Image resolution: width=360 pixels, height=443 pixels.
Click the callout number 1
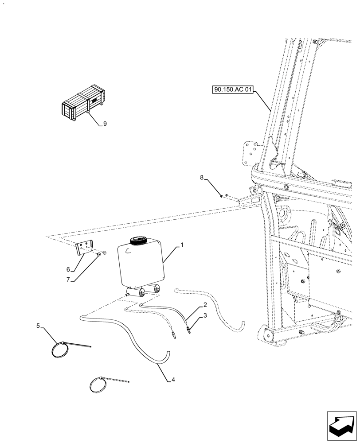click(181, 245)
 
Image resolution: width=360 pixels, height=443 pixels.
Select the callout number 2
click(205, 305)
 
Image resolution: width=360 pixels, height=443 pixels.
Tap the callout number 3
click(205, 316)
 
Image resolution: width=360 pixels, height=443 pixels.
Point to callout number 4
click(173, 380)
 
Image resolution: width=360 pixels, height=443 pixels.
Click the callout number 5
click(38, 326)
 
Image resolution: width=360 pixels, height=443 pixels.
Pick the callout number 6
click(68, 269)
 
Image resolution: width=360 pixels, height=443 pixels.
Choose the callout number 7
click(68, 280)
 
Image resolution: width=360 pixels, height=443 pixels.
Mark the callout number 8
click(202, 178)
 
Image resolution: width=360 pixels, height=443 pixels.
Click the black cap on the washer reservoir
click(138, 241)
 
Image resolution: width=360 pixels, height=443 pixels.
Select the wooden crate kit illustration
click(83, 103)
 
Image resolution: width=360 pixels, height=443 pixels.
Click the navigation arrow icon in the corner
click(341, 425)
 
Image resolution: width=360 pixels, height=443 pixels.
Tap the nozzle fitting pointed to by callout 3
click(189, 330)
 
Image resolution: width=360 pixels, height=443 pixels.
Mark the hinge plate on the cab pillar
click(250, 153)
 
